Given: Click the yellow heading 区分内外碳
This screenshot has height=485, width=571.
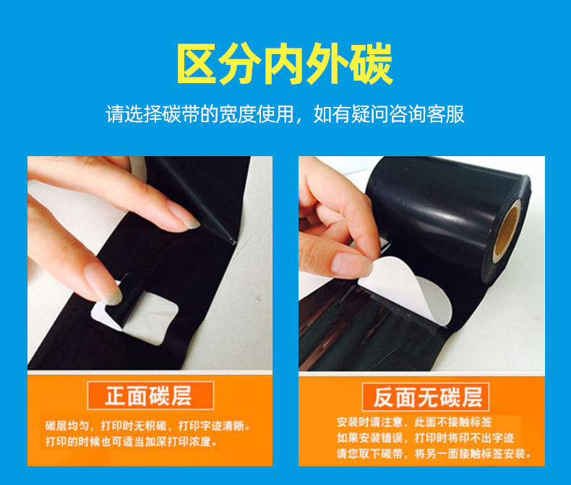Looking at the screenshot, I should tap(285, 64).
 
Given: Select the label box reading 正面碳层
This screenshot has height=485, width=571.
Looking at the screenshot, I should tap(150, 395).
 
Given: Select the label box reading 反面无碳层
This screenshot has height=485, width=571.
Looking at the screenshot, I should tap(426, 396).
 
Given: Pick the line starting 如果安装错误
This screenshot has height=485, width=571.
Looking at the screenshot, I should tap(423, 438).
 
